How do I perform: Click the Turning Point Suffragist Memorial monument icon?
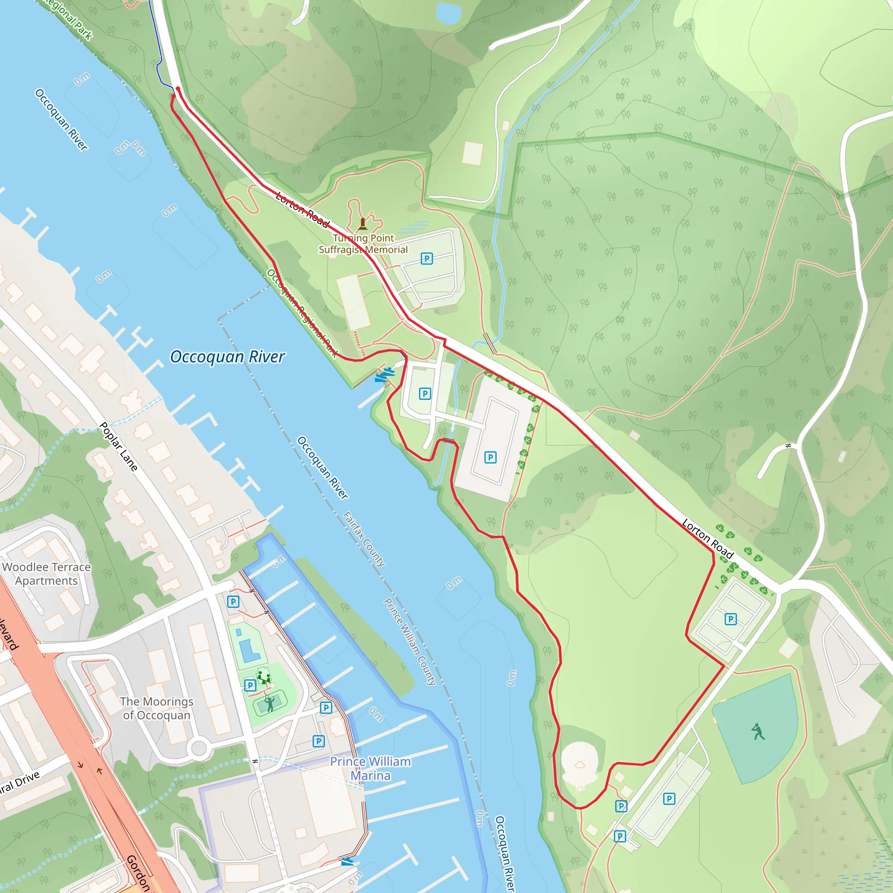tap(363, 224)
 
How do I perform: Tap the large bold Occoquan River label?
tap(228, 357)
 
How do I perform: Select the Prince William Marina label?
tap(370, 768)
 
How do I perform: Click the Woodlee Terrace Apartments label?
tap(46, 574)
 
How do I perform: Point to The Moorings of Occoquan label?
tap(157, 708)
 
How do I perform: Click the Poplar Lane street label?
tap(119, 446)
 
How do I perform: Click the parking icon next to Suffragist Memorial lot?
tap(426, 259)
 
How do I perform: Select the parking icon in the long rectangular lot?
tap(491, 457)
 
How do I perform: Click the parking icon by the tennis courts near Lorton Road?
tap(731, 619)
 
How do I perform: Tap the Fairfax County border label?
tap(364, 539)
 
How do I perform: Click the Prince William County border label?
tap(409, 641)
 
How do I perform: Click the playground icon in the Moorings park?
tap(263, 678)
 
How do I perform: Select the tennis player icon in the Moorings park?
tap(269, 703)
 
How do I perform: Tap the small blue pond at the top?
tap(448, 13)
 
